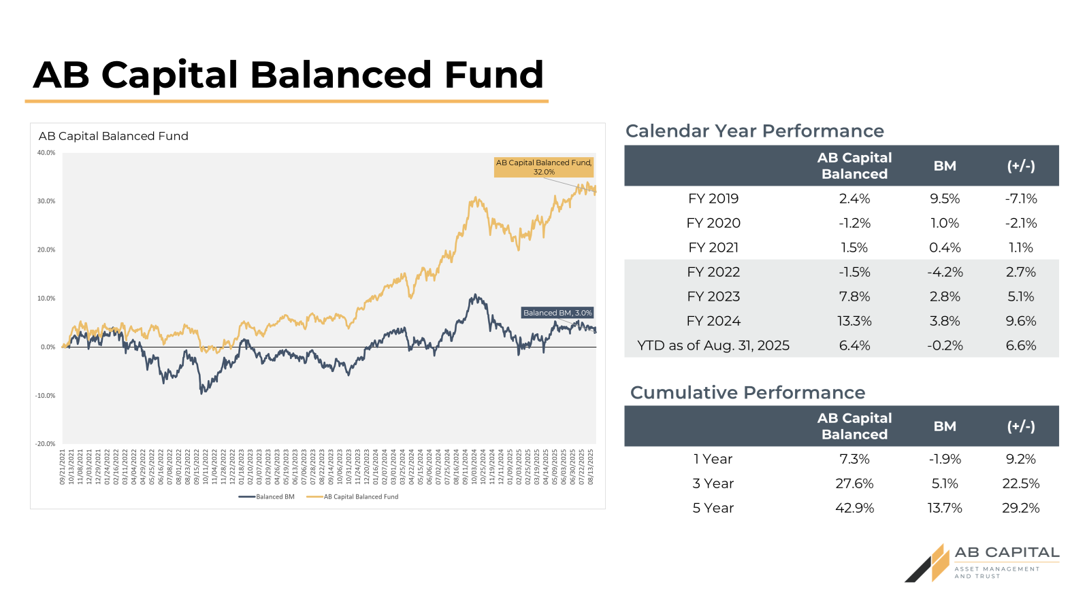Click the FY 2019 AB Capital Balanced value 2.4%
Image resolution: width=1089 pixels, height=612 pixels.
point(854,199)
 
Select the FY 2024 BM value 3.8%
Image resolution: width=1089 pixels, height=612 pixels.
point(945,321)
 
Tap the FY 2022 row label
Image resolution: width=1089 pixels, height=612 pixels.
point(713,272)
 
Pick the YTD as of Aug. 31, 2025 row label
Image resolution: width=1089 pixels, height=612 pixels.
point(713,345)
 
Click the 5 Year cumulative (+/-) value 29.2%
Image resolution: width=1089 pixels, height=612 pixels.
point(1021,508)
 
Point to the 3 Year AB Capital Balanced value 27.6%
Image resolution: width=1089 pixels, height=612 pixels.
point(854,483)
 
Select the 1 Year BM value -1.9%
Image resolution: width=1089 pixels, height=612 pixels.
point(945,459)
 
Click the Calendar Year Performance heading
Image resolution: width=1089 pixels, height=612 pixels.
point(755,131)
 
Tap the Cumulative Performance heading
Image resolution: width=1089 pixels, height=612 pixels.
point(747,393)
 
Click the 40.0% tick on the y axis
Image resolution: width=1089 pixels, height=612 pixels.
point(46,153)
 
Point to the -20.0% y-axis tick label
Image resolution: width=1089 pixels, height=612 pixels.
point(46,444)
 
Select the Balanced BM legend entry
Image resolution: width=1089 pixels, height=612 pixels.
point(267,497)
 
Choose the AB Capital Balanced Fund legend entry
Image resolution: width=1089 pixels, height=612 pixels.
point(353,497)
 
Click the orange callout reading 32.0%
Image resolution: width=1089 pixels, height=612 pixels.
point(544,167)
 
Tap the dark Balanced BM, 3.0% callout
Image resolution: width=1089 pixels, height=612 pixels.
point(557,313)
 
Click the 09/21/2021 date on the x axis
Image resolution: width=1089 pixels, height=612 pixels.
point(63,466)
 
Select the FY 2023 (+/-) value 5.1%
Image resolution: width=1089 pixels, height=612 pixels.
point(1021,296)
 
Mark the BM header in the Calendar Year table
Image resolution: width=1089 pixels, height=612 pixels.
point(945,166)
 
